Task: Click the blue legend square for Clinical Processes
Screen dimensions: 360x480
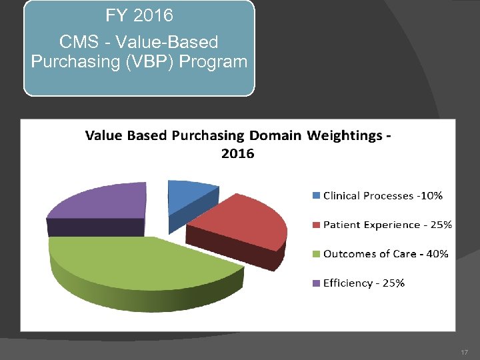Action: click(x=316, y=195)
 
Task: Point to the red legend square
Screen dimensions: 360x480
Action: click(x=316, y=225)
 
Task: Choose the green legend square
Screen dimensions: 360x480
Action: click(x=316, y=254)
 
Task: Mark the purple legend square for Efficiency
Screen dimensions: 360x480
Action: click(x=316, y=283)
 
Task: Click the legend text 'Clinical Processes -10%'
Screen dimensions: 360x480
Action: click(x=383, y=195)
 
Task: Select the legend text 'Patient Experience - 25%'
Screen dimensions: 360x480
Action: click(x=387, y=225)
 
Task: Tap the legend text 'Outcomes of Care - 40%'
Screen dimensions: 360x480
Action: click(x=385, y=254)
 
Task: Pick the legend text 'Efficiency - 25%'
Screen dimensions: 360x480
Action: click(x=363, y=283)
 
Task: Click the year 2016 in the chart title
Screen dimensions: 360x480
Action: click(x=237, y=153)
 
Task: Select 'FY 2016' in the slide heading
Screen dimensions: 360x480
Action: click(x=139, y=15)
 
